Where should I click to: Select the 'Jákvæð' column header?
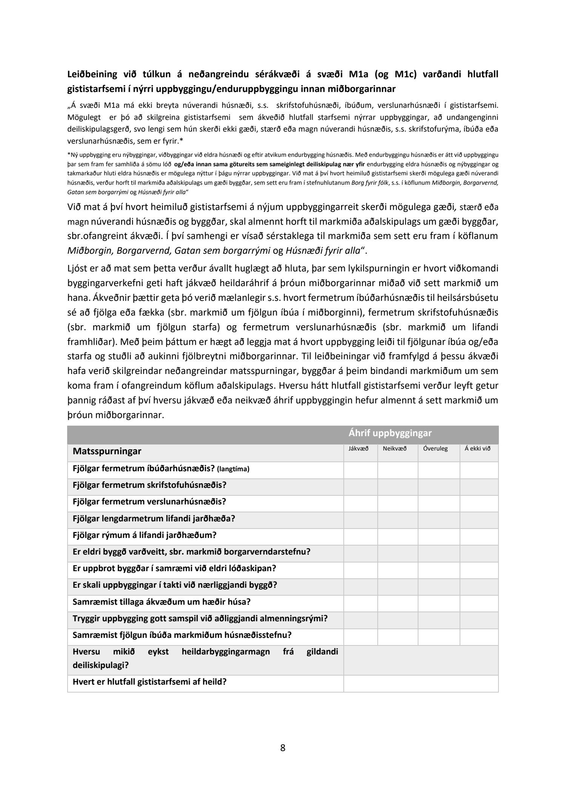360,449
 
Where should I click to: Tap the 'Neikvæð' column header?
394,449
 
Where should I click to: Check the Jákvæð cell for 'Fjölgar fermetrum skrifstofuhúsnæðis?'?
360,487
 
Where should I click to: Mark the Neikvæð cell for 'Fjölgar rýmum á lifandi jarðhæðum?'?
398,537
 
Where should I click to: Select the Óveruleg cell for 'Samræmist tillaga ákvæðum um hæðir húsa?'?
439,604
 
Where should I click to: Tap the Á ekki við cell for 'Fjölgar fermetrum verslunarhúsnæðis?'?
479,504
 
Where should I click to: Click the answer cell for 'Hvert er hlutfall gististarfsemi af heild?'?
421,684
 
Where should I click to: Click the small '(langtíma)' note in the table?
233,469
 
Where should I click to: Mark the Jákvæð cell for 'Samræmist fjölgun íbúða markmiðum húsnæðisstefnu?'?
360,637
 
